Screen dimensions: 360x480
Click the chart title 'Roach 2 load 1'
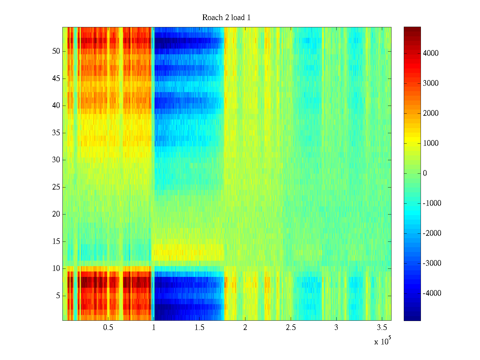tap(226, 18)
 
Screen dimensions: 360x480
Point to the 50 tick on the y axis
tap(56, 51)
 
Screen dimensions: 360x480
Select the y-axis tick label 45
tap(56, 79)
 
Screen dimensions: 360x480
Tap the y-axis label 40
tap(56, 106)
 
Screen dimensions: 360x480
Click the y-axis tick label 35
tap(56, 133)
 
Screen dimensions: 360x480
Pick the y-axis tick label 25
tap(56, 187)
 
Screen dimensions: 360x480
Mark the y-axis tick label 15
tap(56, 241)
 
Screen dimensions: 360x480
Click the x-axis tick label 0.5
tap(108, 328)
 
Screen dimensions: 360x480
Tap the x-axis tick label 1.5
tap(199, 328)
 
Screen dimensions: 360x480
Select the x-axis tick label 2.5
tap(291, 328)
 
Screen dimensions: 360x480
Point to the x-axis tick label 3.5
tap(382, 328)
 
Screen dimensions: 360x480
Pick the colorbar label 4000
tap(431, 53)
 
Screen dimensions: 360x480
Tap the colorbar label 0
tap(425, 173)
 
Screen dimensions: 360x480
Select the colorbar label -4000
tap(432, 293)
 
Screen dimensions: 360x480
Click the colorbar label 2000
tap(431, 113)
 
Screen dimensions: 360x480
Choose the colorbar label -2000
tap(432, 233)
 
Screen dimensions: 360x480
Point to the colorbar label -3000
tap(432, 263)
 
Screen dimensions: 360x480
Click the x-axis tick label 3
tap(336, 328)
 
